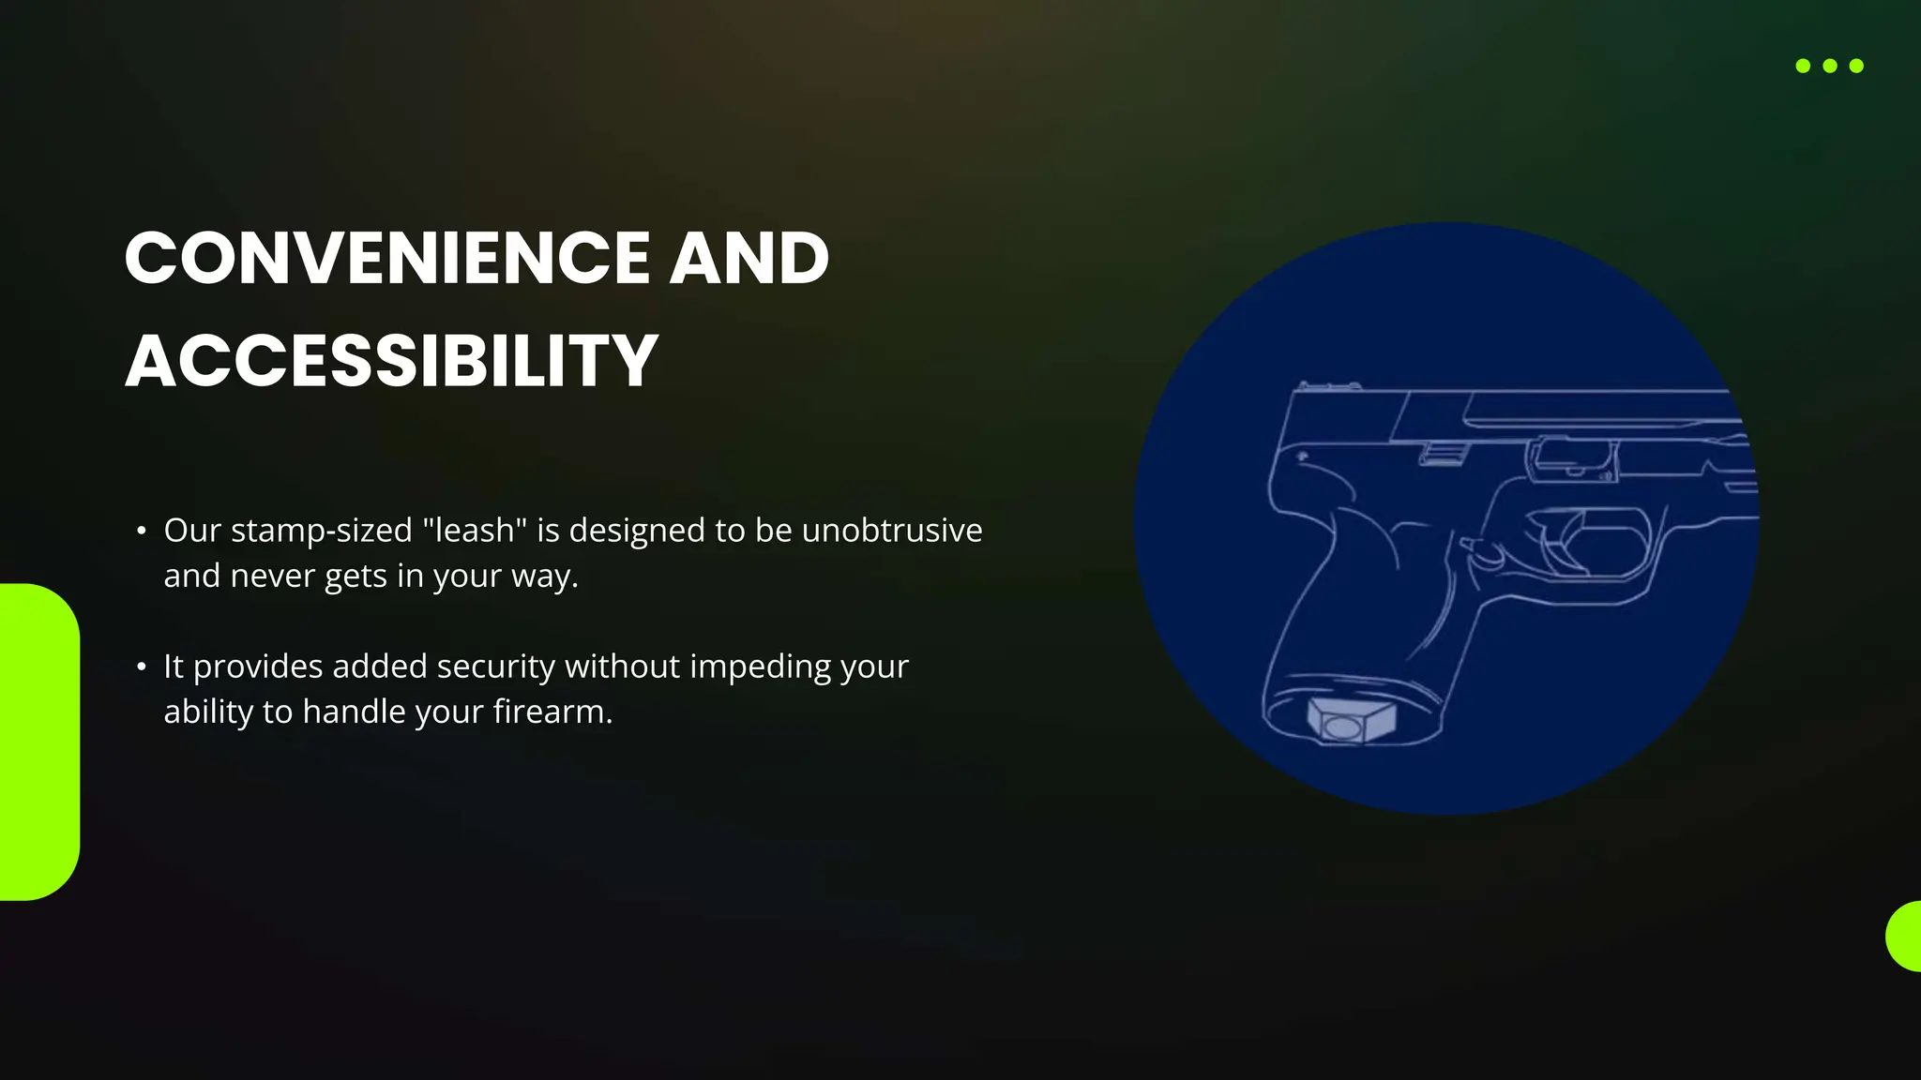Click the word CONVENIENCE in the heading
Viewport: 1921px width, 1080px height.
(387, 258)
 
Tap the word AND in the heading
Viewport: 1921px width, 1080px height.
(749, 258)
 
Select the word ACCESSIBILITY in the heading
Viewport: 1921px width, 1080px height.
(392, 361)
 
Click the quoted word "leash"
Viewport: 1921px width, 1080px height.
(475, 531)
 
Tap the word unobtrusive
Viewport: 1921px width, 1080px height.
(892, 531)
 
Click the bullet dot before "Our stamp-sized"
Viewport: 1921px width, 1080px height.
(142, 532)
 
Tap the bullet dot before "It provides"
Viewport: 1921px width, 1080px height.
(142, 667)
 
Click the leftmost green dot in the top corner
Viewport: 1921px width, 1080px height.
(1803, 66)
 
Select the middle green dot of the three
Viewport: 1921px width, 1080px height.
(1830, 66)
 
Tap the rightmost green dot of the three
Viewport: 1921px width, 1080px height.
(1856, 66)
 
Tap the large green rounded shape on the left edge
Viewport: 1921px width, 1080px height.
(38, 742)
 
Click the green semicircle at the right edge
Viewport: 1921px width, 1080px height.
(1905, 936)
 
